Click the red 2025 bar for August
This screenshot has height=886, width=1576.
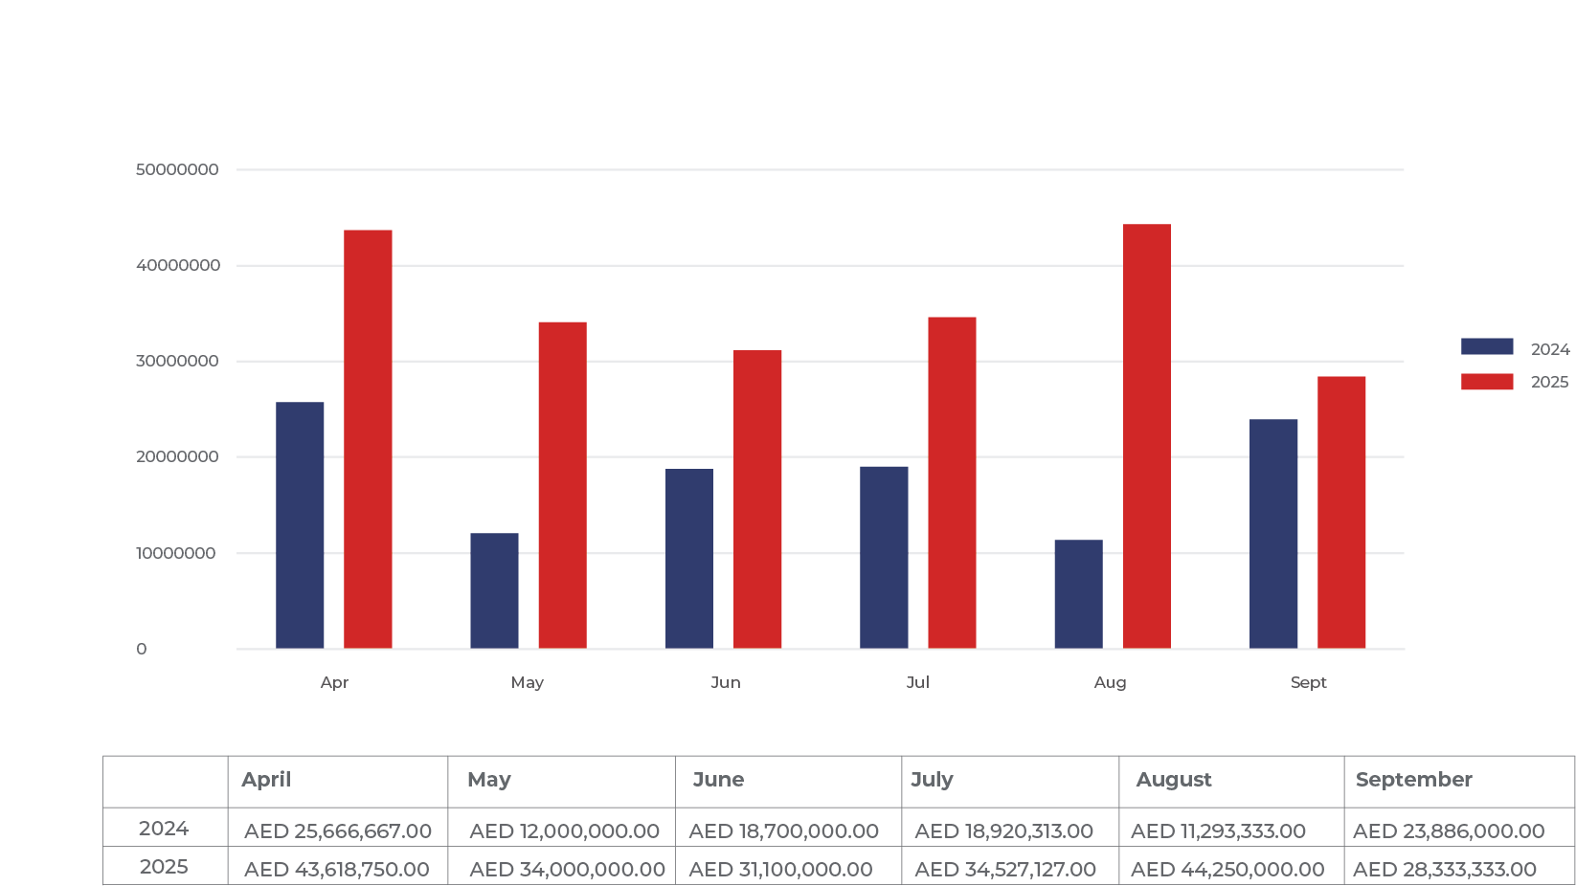[1146, 435]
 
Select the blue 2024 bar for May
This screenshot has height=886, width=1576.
[494, 590]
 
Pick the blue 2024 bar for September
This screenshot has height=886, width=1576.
[1273, 533]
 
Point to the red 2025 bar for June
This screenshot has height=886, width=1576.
[757, 498]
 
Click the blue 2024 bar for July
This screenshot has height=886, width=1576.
[884, 557]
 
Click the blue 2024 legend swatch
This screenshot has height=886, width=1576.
[1487, 347]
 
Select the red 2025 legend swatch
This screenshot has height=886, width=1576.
[1487, 382]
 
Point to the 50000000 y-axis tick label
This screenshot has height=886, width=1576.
[177, 169]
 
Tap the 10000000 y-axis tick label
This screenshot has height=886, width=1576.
[176, 553]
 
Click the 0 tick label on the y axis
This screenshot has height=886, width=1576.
[142, 649]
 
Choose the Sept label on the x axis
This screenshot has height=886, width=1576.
[1308, 682]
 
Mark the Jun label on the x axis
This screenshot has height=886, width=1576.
[725, 682]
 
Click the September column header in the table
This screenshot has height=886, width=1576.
[1413, 780]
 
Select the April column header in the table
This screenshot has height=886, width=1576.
[266, 780]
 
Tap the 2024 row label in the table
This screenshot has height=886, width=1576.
[164, 829]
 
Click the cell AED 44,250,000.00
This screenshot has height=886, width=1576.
[1227, 870]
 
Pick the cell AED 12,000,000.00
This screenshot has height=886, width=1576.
[564, 831]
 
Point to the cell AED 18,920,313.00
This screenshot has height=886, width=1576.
[1003, 831]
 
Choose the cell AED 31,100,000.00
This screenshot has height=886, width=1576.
[780, 870]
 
